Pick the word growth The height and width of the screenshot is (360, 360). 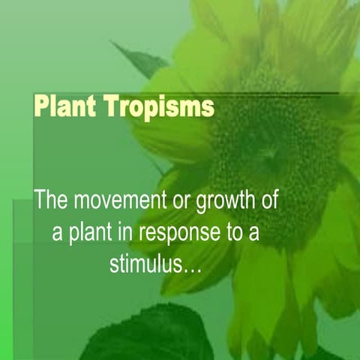pyautogui.click(x=233, y=202)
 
